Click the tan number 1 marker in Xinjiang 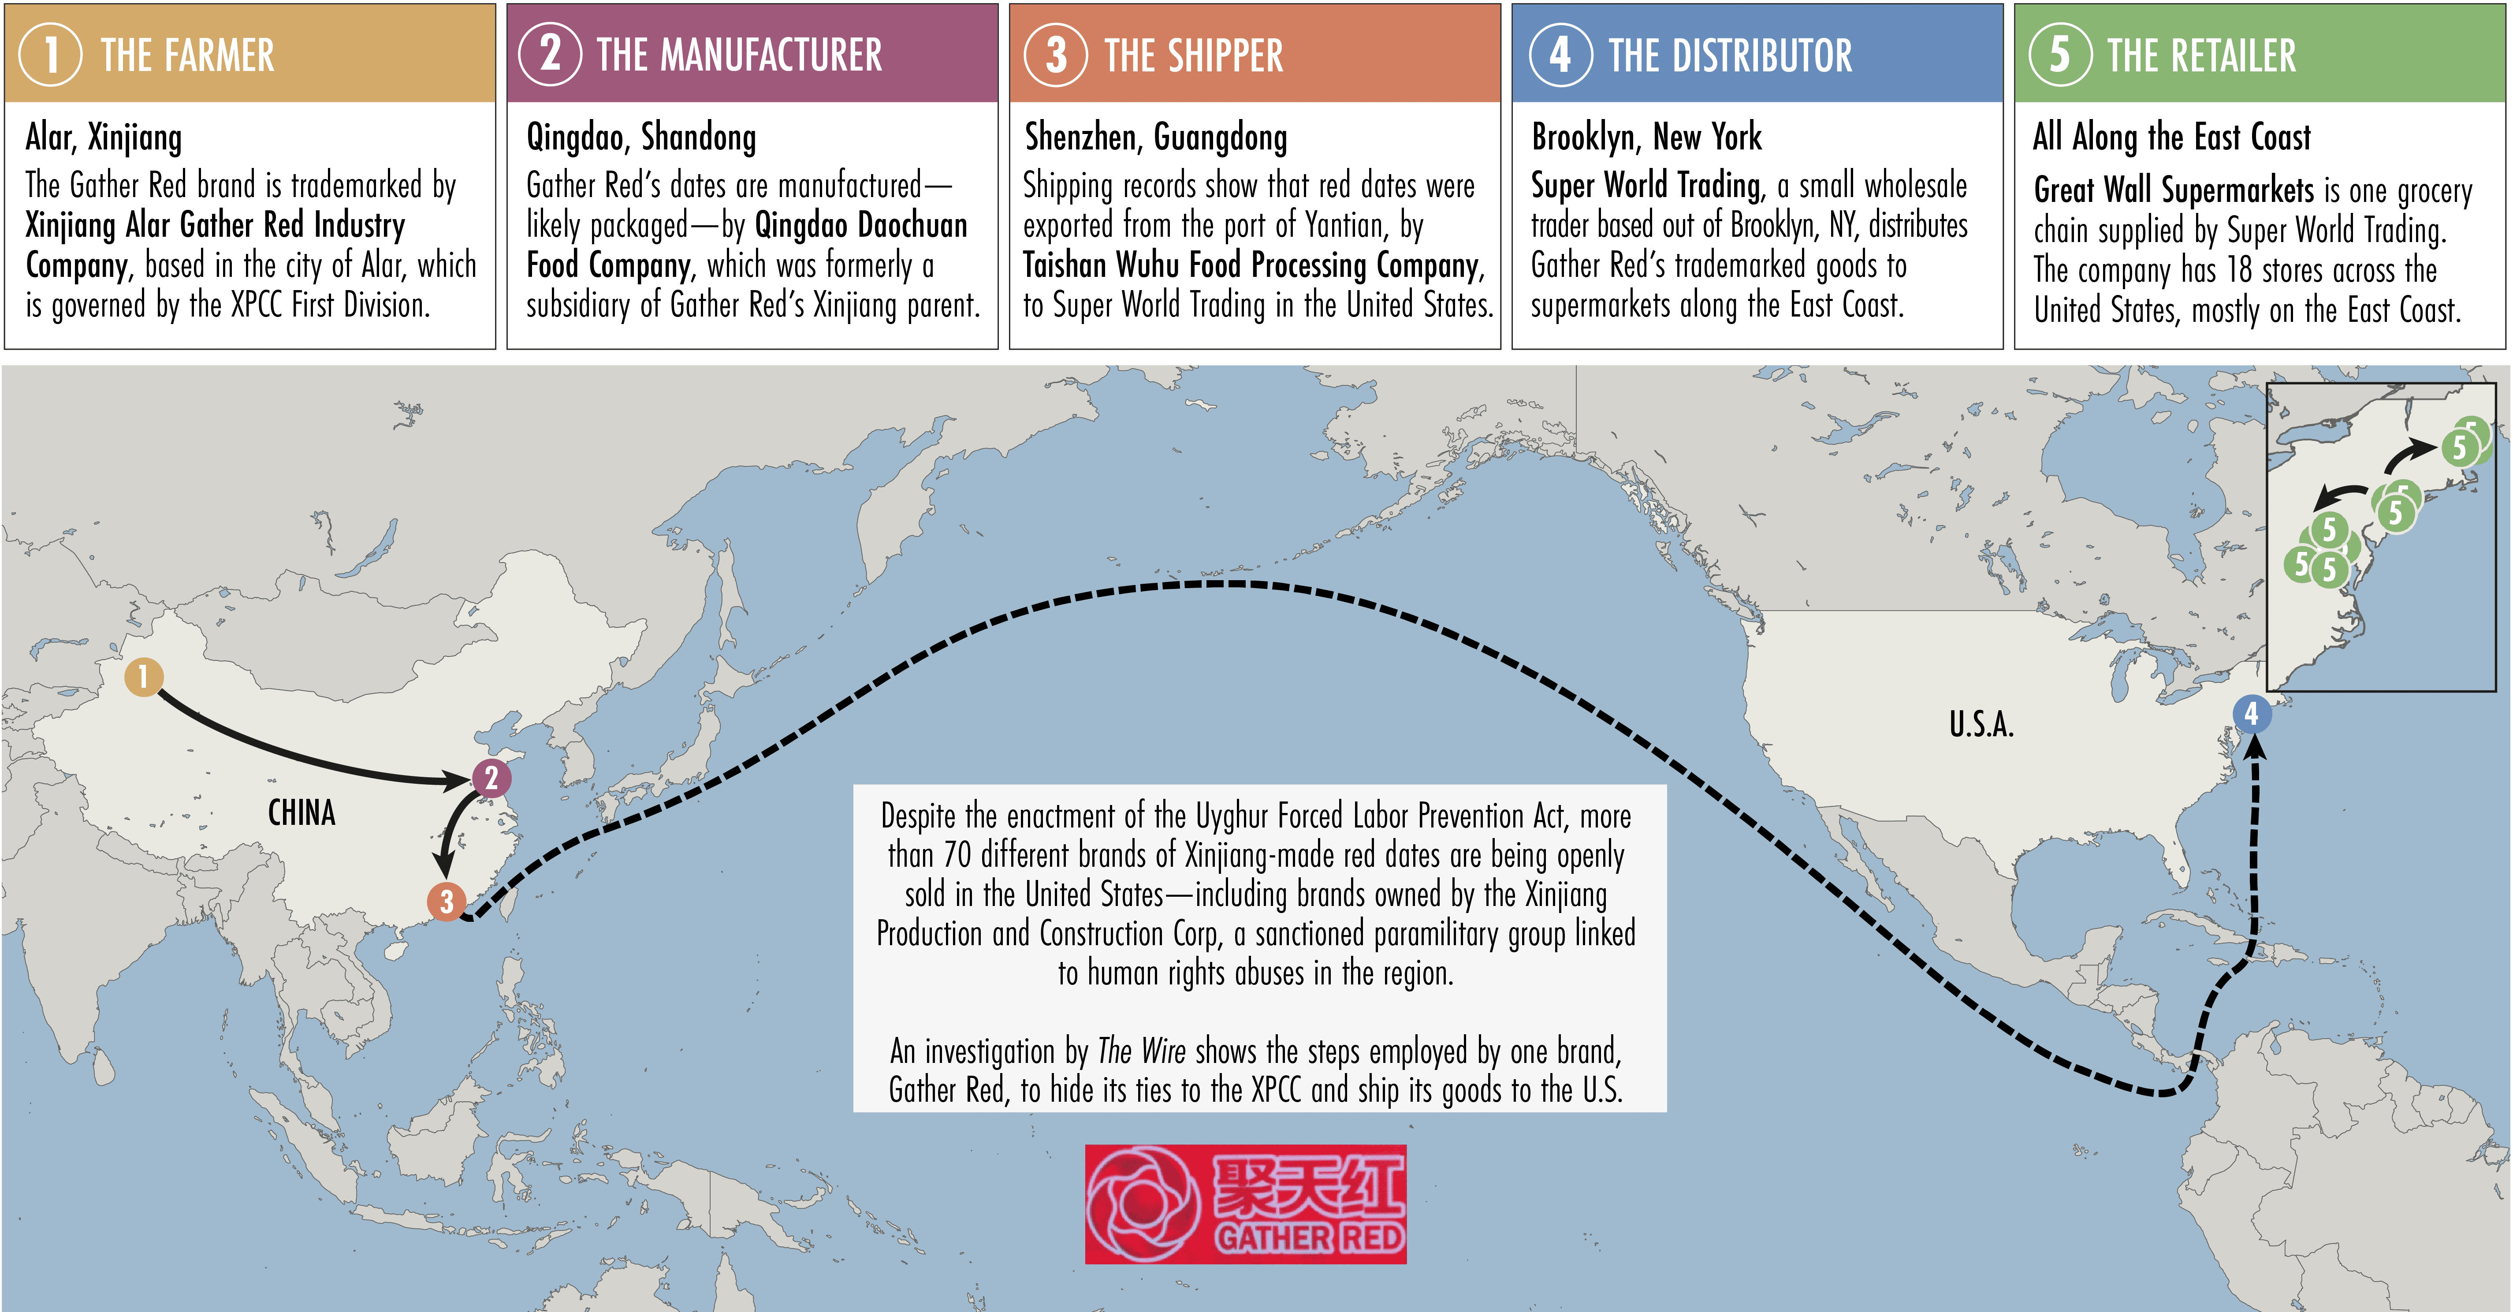coord(143,676)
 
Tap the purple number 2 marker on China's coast coord(491,777)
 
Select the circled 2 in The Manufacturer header coord(550,55)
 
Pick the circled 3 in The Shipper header coord(1056,55)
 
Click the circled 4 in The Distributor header coord(1560,55)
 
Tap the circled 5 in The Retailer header coord(2059,55)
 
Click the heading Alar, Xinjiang coord(104,138)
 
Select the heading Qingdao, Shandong coord(641,138)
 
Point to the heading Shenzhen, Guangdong coord(1155,138)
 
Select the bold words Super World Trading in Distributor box coord(1646,185)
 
